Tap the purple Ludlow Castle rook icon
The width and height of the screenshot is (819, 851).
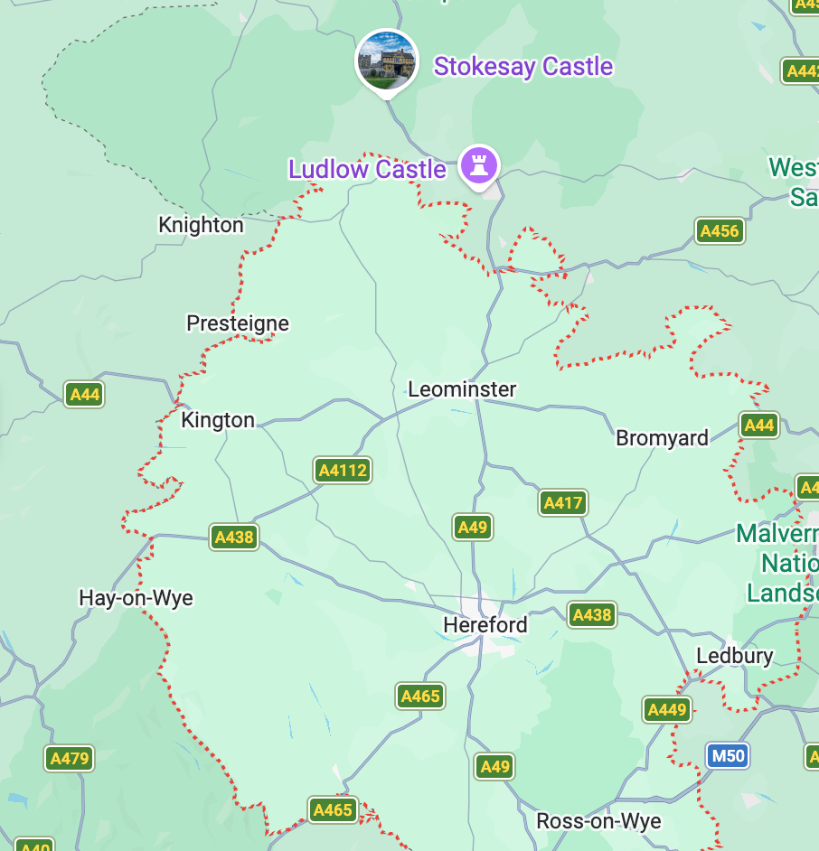[479, 166]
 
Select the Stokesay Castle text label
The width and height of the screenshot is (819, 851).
[523, 67]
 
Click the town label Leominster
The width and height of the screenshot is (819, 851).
[462, 389]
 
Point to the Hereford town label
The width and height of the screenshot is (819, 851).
[485, 625]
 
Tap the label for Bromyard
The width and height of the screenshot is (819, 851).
[662, 438]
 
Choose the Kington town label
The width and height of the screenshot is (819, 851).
[218, 420]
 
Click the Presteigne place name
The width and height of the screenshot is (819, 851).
[238, 323]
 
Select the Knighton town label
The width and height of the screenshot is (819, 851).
[201, 225]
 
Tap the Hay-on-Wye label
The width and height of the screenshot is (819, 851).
[136, 598]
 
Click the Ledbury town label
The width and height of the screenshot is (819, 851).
[734, 656]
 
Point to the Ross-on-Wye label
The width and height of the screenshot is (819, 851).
[598, 821]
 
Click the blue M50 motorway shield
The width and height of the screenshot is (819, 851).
[727, 755]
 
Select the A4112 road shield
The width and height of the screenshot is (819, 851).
[343, 470]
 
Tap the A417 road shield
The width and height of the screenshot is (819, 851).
[563, 502]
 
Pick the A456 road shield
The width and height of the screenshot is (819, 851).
[720, 231]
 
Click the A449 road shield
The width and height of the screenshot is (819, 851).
[667, 710]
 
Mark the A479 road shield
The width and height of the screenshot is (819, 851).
[70, 758]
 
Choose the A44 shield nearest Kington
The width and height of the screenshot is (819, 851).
[84, 394]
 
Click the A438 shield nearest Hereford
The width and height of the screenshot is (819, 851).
[592, 615]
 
